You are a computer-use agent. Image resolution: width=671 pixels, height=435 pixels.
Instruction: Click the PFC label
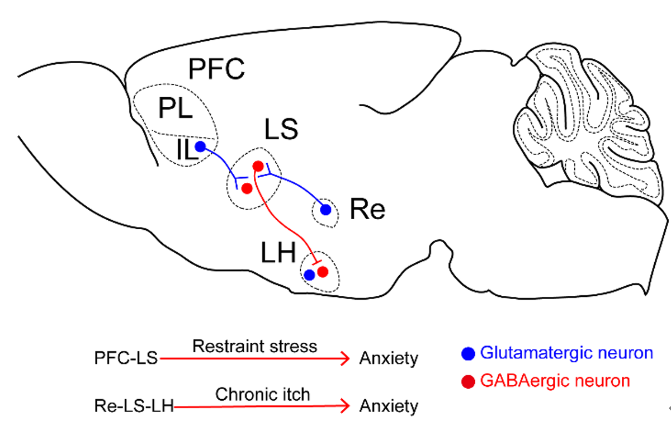tap(216, 69)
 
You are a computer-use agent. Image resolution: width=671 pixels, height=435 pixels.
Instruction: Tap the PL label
tap(175, 108)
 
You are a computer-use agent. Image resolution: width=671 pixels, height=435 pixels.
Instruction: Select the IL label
tap(186, 152)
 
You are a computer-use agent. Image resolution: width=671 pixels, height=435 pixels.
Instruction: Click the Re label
tap(367, 210)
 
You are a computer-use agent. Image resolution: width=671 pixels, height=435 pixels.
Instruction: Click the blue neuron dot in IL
tap(200, 147)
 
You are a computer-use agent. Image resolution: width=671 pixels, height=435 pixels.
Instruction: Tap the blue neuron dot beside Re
tap(325, 210)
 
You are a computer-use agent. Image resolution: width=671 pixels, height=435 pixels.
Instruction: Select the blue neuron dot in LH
tap(309, 275)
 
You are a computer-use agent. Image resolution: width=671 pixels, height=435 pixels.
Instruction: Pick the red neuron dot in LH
tap(323, 272)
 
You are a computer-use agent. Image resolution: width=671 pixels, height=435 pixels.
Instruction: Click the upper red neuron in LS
tap(258, 166)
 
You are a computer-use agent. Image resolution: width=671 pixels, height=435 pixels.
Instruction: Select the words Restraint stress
tap(254, 346)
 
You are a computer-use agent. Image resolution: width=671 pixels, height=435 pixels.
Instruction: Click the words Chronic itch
tap(262, 394)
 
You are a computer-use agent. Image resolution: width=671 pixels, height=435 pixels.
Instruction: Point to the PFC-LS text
tap(127, 358)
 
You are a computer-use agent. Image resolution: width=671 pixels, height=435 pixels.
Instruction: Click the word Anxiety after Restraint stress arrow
tap(388, 358)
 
